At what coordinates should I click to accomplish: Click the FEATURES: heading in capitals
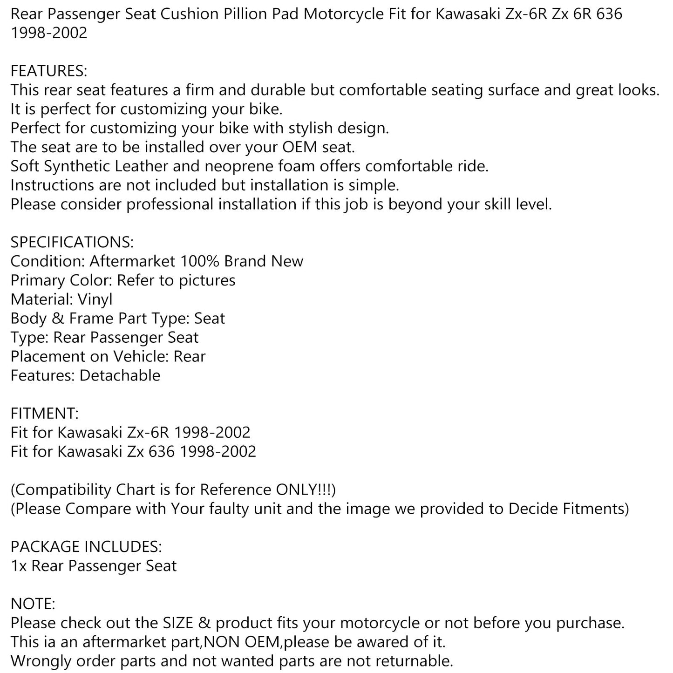(x=48, y=71)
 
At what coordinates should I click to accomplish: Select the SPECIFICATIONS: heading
(x=72, y=242)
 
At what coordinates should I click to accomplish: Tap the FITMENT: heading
(x=45, y=414)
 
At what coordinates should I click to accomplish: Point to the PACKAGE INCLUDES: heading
(x=86, y=547)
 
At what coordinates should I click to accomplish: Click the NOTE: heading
(x=33, y=604)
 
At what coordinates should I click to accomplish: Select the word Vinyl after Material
(x=95, y=299)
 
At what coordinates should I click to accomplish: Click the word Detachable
(x=120, y=375)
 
